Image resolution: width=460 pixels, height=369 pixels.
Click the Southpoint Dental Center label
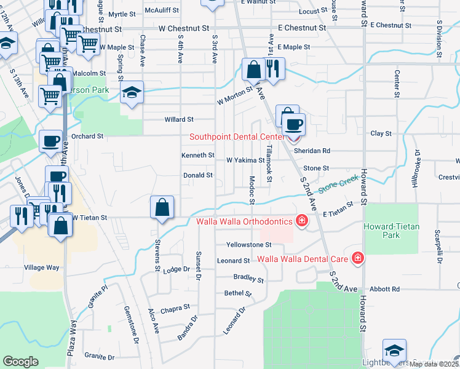[x=234, y=137]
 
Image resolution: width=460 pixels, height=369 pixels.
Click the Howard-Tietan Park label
[x=392, y=231]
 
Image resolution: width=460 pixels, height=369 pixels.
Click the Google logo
[x=20, y=362]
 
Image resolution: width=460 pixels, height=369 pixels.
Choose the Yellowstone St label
[x=244, y=245]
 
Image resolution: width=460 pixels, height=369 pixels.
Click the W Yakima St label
[x=245, y=160]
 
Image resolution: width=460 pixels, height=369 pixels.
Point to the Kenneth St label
[x=197, y=156]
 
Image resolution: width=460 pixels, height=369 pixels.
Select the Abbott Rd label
[x=386, y=288]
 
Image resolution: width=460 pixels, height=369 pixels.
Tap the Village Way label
[x=41, y=268]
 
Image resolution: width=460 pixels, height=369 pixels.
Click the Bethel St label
[x=238, y=293]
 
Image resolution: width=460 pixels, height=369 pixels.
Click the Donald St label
[x=197, y=175]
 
